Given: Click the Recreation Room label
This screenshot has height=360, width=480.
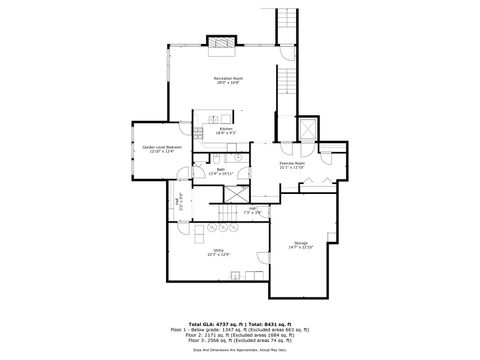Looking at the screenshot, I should pos(225,80).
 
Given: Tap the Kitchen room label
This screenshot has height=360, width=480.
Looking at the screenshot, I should pos(225,131).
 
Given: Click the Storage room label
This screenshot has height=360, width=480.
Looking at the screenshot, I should pos(301,244).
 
